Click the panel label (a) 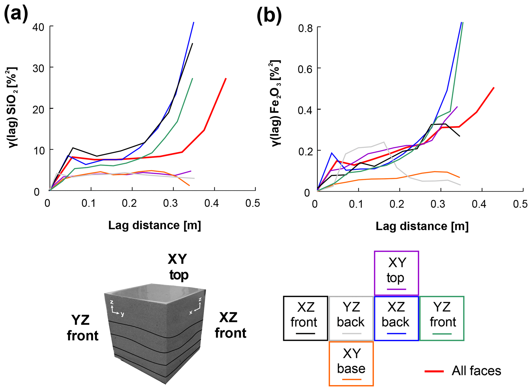click(x=16, y=14)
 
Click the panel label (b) click(x=269, y=16)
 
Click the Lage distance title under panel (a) click(x=154, y=225)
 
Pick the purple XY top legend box click(x=396, y=273)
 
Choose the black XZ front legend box click(x=306, y=318)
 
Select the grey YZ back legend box click(x=351, y=318)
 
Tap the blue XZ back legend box click(x=396, y=318)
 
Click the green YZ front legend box click(x=442, y=318)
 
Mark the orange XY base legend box click(x=351, y=364)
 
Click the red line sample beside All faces click(x=434, y=371)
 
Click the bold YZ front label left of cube click(x=82, y=328)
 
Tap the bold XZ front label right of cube click(x=230, y=325)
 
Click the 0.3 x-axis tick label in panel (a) click(x=170, y=203)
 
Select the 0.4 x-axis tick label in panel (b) click(x=479, y=204)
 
